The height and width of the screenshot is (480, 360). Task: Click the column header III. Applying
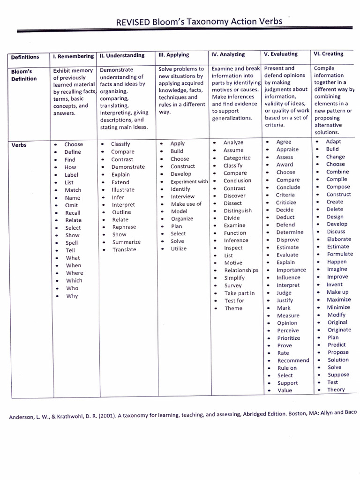(175, 55)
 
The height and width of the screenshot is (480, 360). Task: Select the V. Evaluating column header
(281, 54)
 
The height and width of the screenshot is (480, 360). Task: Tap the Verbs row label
(19, 145)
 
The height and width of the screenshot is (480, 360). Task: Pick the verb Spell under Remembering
(72, 243)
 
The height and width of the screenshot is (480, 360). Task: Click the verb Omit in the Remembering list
(72, 205)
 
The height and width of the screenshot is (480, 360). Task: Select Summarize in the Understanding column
(126, 242)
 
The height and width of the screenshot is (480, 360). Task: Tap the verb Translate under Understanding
(124, 249)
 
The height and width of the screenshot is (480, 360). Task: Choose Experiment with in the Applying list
(189, 181)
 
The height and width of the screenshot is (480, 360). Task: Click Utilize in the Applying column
(178, 248)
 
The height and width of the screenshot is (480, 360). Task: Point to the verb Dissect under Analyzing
(233, 203)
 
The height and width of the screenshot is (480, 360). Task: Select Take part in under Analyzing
(239, 293)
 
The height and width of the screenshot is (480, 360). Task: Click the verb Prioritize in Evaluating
(288, 338)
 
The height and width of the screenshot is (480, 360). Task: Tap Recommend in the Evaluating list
(293, 360)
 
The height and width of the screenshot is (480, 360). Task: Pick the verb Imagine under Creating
(337, 269)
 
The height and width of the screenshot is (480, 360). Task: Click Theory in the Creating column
(336, 390)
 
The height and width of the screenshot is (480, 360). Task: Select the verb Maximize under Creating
(338, 300)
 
